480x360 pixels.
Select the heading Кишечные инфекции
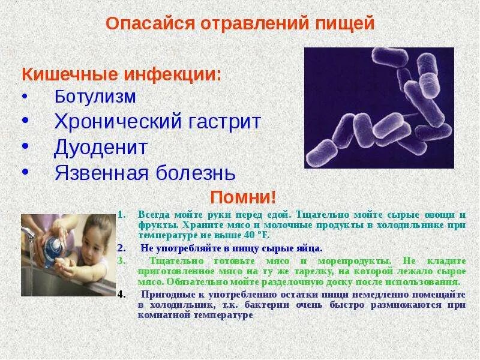[x=122, y=74]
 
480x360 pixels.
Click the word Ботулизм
[x=95, y=97]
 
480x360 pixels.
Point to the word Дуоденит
[x=101, y=148]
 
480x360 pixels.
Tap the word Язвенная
[x=101, y=173]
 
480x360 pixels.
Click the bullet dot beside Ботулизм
[x=25, y=97]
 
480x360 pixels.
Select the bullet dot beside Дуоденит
[x=25, y=146]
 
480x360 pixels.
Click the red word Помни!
[x=243, y=197]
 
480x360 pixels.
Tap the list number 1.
[x=122, y=215]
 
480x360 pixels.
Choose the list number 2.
[x=121, y=248]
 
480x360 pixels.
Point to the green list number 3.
[x=121, y=260]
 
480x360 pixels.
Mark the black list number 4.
[x=122, y=295]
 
